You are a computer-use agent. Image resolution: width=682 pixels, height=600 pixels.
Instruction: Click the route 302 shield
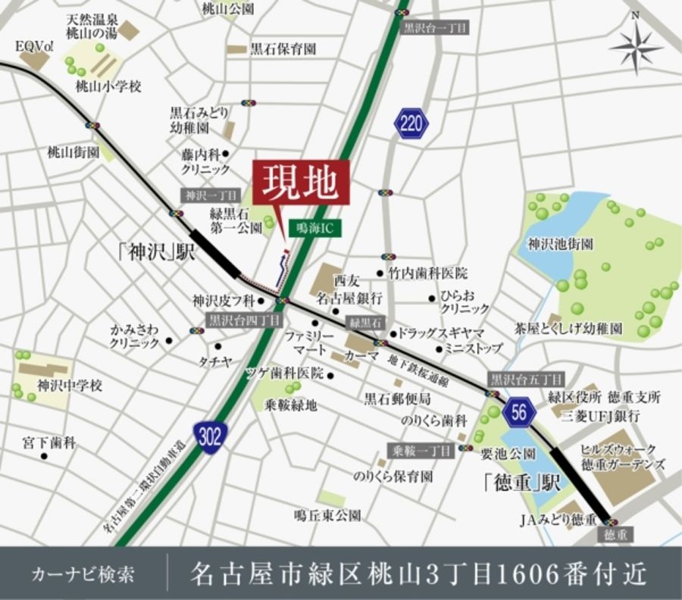pos(210,437)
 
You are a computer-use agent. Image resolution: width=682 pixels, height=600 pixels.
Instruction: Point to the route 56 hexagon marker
pos(519,411)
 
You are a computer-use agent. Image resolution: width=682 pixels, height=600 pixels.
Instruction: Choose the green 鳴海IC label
pos(314,227)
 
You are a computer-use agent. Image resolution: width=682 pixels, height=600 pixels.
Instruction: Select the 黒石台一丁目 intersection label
pos(435,29)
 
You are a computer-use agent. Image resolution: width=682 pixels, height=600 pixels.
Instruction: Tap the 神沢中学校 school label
pos(69,386)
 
